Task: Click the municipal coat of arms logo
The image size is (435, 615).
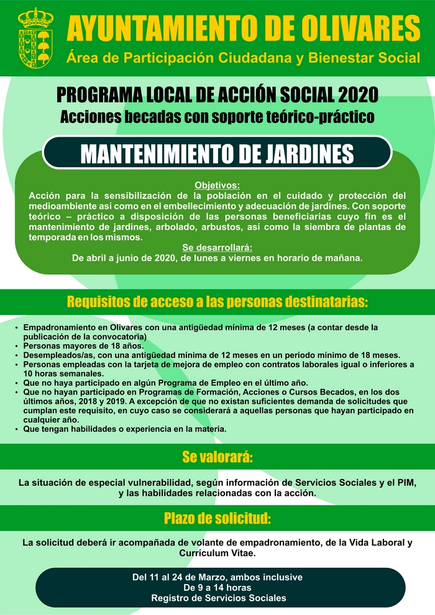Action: click(x=35, y=37)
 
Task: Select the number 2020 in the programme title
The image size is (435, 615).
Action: click(x=359, y=96)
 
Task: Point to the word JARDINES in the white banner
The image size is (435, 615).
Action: click(x=297, y=154)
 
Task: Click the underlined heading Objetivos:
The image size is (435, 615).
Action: click(x=217, y=185)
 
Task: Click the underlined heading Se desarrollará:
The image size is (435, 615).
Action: click(x=217, y=247)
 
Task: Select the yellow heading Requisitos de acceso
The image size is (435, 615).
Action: click(x=217, y=303)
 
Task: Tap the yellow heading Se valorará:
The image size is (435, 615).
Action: click(x=217, y=458)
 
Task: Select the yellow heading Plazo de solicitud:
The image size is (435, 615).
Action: click(x=217, y=518)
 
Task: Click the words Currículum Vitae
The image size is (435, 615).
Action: click(x=217, y=552)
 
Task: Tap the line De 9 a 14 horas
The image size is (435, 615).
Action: click(x=217, y=587)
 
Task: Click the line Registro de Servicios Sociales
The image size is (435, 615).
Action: click(x=217, y=598)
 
